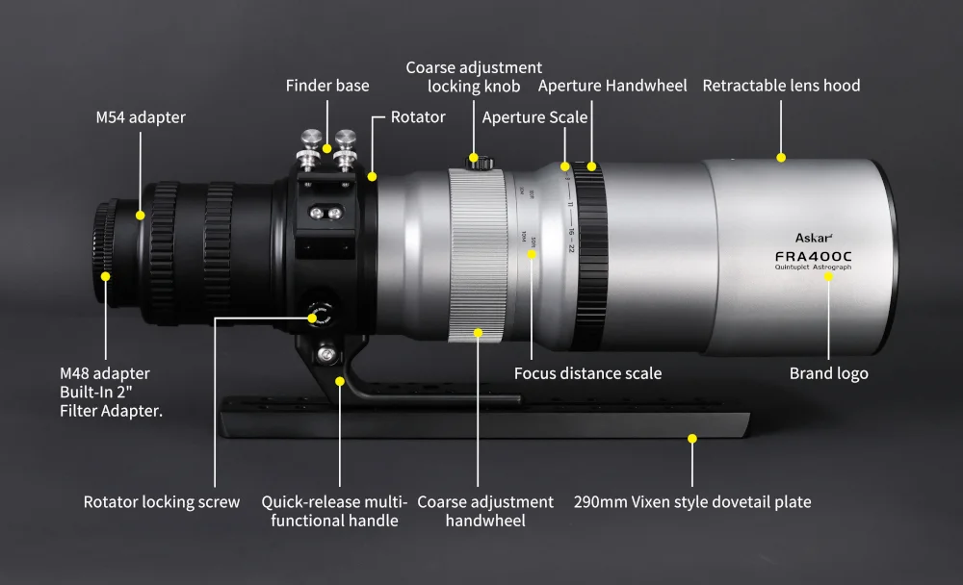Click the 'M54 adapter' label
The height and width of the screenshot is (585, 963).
click(141, 117)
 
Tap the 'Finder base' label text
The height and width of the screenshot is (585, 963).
click(327, 86)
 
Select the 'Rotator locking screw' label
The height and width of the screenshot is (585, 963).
click(162, 501)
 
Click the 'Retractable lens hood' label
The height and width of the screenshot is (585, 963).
click(781, 86)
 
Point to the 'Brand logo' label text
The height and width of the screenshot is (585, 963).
click(828, 373)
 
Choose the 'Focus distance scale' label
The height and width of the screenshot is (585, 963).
click(587, 373)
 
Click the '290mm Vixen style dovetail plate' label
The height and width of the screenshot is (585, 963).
click(692, 501)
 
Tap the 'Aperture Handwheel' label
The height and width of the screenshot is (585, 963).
click(612, 86)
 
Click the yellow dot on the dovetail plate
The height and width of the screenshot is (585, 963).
click(691, 438)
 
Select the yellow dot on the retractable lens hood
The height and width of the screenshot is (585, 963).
click(781, 157)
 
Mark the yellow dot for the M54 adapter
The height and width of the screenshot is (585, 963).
click(141, 216)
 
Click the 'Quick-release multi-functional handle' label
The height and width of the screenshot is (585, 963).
click(334, 511)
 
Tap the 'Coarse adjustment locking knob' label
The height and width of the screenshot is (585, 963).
click(474, 77)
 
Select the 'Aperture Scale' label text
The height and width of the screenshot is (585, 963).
click(534, 117)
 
